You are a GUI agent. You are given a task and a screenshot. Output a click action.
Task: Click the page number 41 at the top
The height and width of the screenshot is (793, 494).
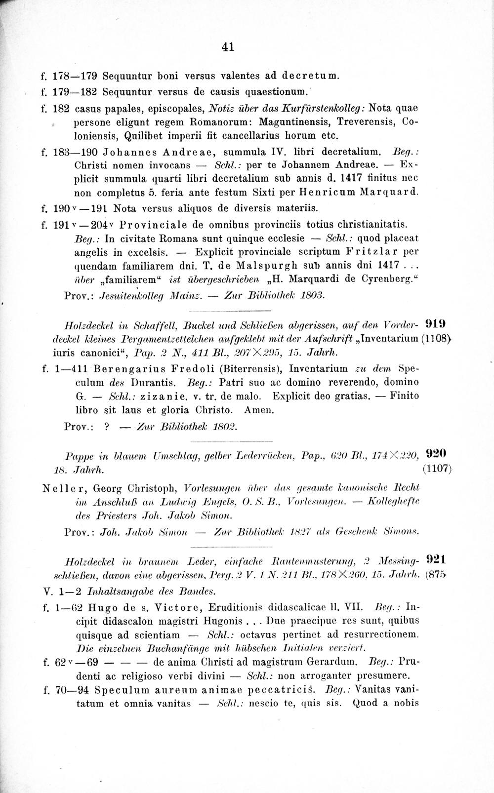[x=228, y=47]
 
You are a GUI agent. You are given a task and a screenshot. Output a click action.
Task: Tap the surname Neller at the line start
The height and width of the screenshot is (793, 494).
[x=57, y=488]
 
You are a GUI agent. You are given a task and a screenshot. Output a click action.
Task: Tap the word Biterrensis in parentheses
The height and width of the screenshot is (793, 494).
[x=246, y=368]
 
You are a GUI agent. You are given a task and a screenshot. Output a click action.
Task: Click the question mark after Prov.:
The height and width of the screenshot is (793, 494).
[x=107, y=426]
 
